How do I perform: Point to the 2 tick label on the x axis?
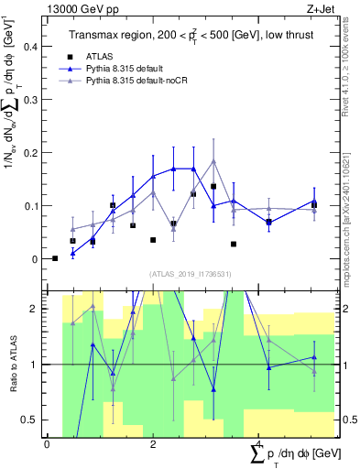153,444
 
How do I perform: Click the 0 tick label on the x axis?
47,444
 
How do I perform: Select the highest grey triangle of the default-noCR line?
213,161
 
